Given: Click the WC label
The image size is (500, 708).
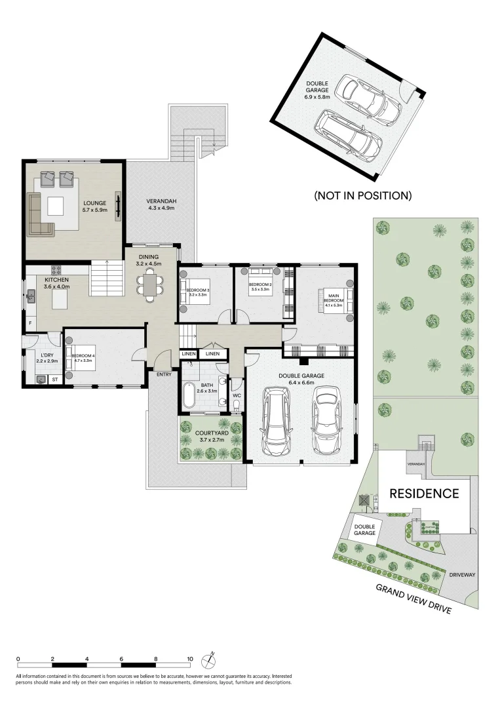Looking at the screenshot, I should click(237, 395).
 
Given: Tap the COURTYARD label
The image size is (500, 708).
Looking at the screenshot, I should click(212, 433).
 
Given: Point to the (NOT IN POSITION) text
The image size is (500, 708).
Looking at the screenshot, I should click(362, 195).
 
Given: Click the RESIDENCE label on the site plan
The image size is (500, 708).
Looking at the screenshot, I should click(424, 494).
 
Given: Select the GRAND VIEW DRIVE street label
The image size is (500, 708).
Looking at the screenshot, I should click(413, 598).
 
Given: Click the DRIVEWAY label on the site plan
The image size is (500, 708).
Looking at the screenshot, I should click(462, 574).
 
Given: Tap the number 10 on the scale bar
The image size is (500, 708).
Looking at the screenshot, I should click(190, 658).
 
